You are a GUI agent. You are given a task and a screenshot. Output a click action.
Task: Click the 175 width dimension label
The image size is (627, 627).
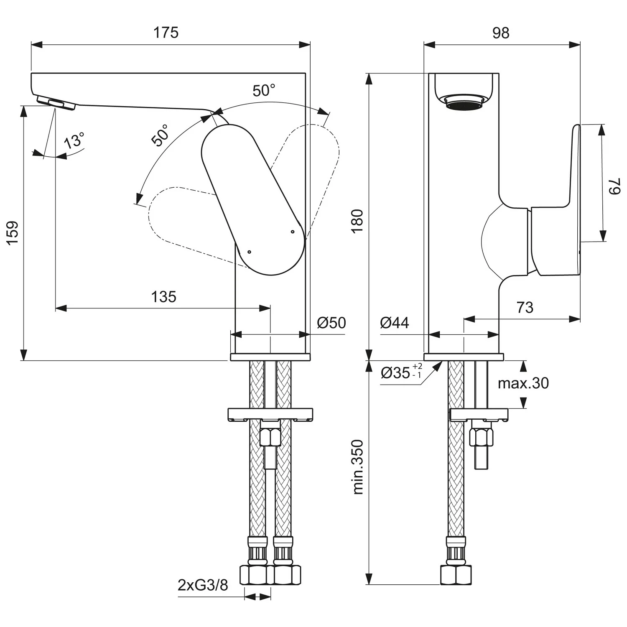166,33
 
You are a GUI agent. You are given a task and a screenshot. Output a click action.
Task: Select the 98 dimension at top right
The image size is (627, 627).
500,33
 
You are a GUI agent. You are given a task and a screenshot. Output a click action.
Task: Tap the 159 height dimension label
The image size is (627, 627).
13,233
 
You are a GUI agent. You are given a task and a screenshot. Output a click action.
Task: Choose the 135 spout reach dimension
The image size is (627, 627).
163,297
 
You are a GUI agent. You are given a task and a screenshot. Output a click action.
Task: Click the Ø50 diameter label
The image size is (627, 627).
331,323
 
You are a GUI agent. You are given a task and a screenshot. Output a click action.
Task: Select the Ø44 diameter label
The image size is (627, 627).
395,323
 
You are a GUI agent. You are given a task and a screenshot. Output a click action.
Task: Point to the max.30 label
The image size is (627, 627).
523,383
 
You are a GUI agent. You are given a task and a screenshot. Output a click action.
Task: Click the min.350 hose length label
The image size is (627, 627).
358,467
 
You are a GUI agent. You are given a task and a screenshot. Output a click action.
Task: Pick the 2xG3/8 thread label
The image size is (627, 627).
203,585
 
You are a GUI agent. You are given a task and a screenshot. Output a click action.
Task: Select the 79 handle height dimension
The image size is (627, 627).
614,186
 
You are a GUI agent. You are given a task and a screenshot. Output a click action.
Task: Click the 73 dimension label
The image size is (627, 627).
525,308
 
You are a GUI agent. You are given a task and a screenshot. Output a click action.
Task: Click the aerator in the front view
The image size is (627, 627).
56,103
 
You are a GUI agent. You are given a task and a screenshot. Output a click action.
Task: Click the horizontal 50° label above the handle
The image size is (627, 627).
264,90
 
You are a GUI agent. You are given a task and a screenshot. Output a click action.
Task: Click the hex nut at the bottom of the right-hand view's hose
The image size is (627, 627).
456,575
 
